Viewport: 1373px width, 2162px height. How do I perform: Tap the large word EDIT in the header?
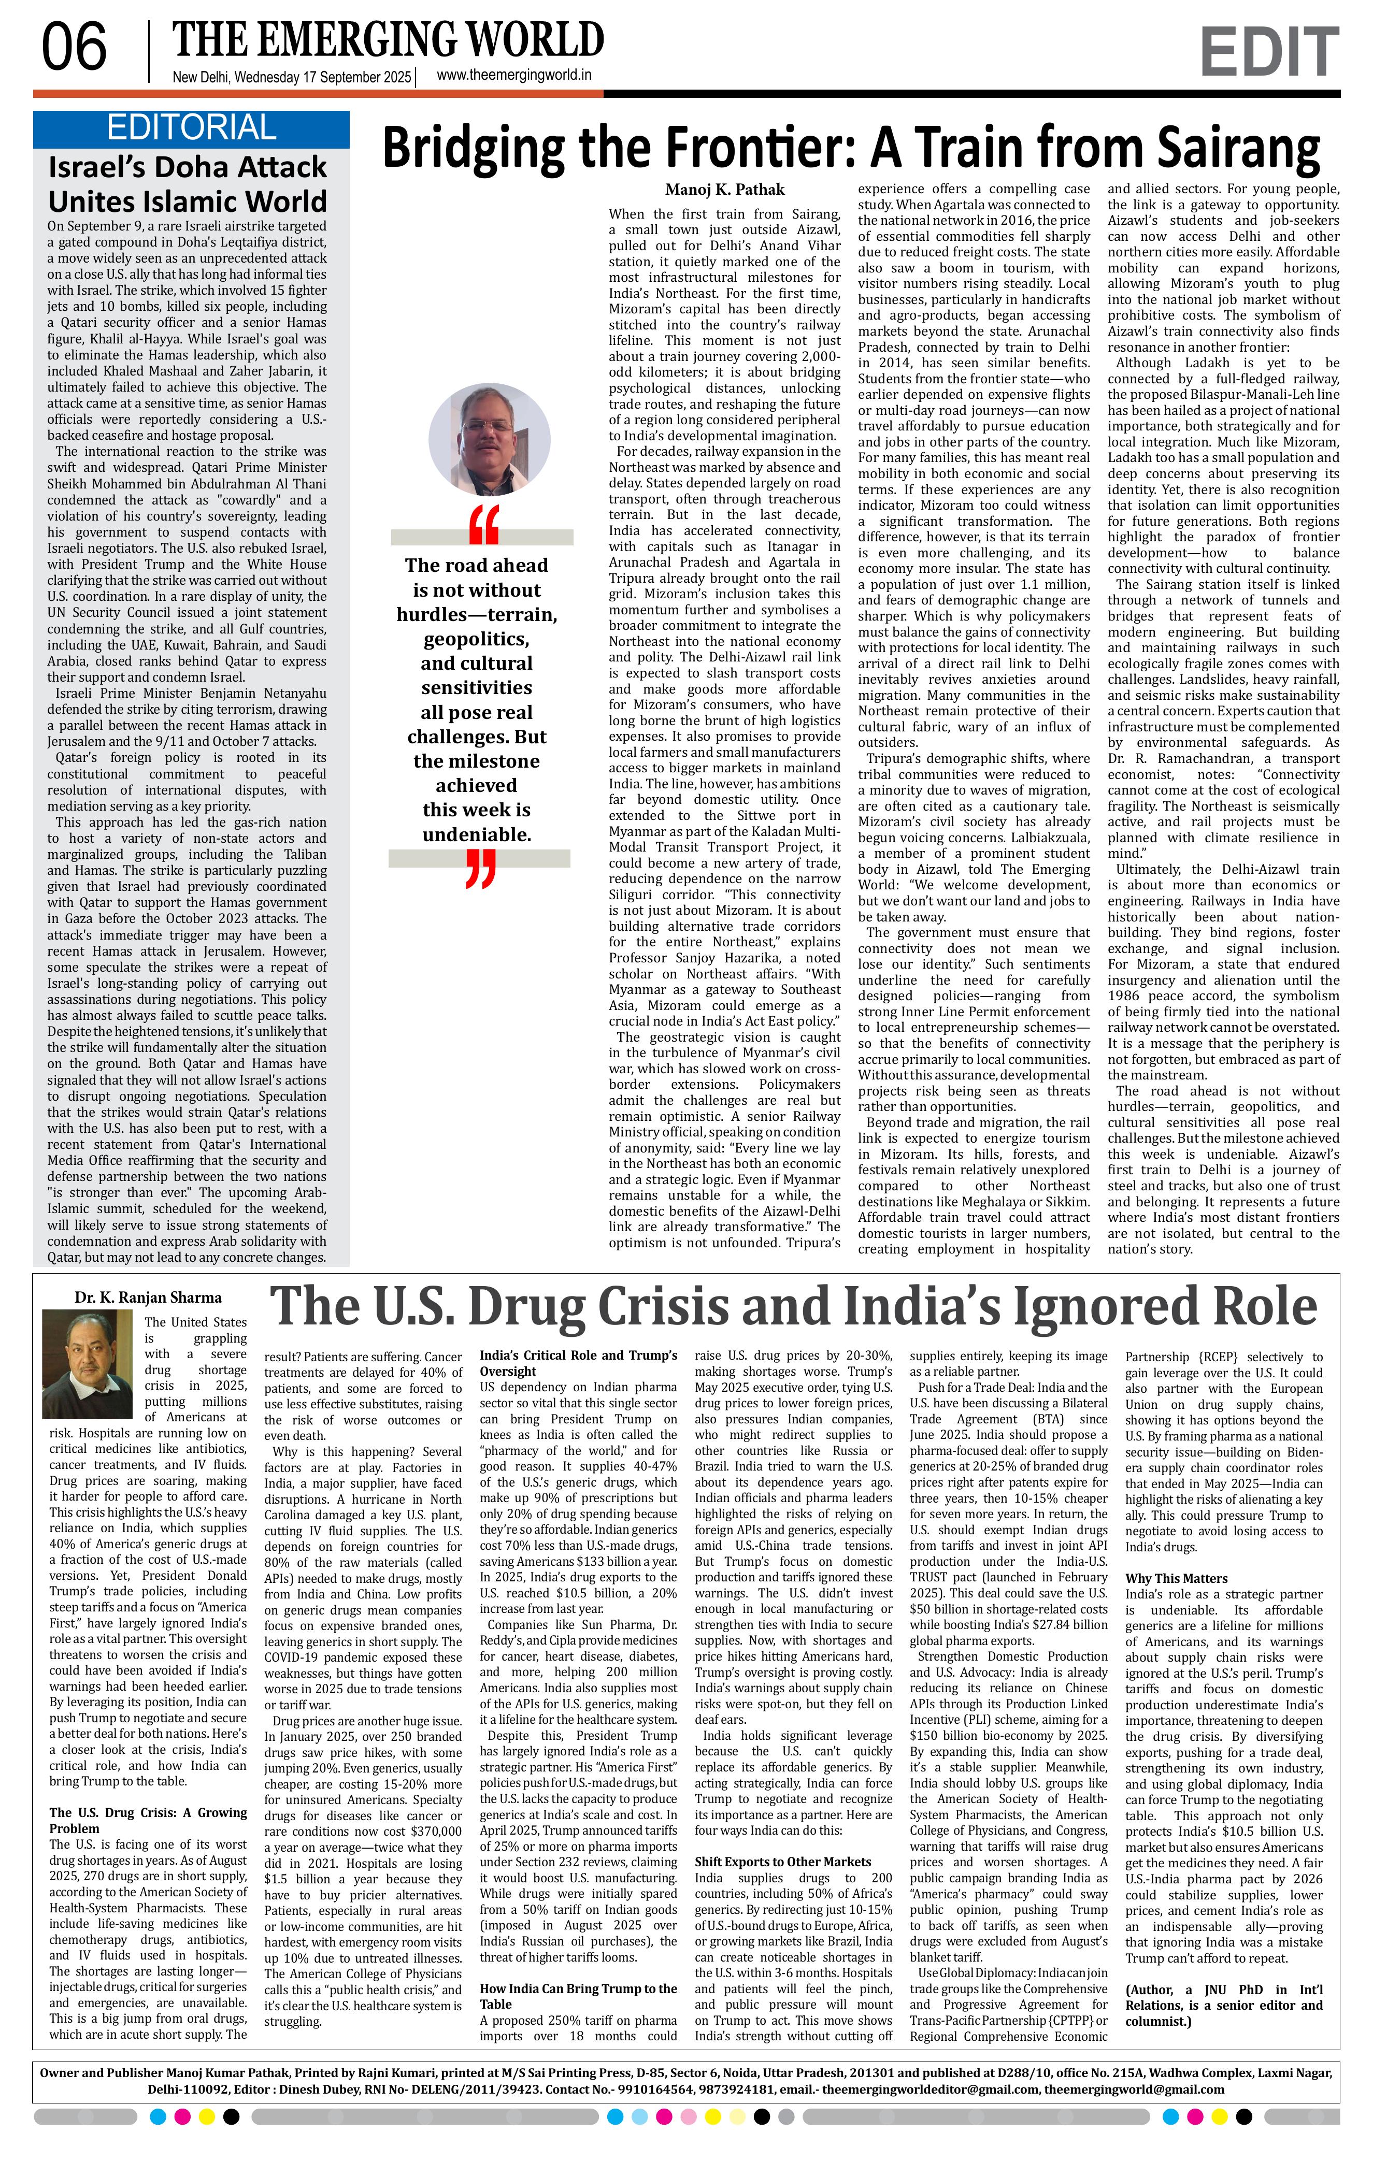[1268, 52]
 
